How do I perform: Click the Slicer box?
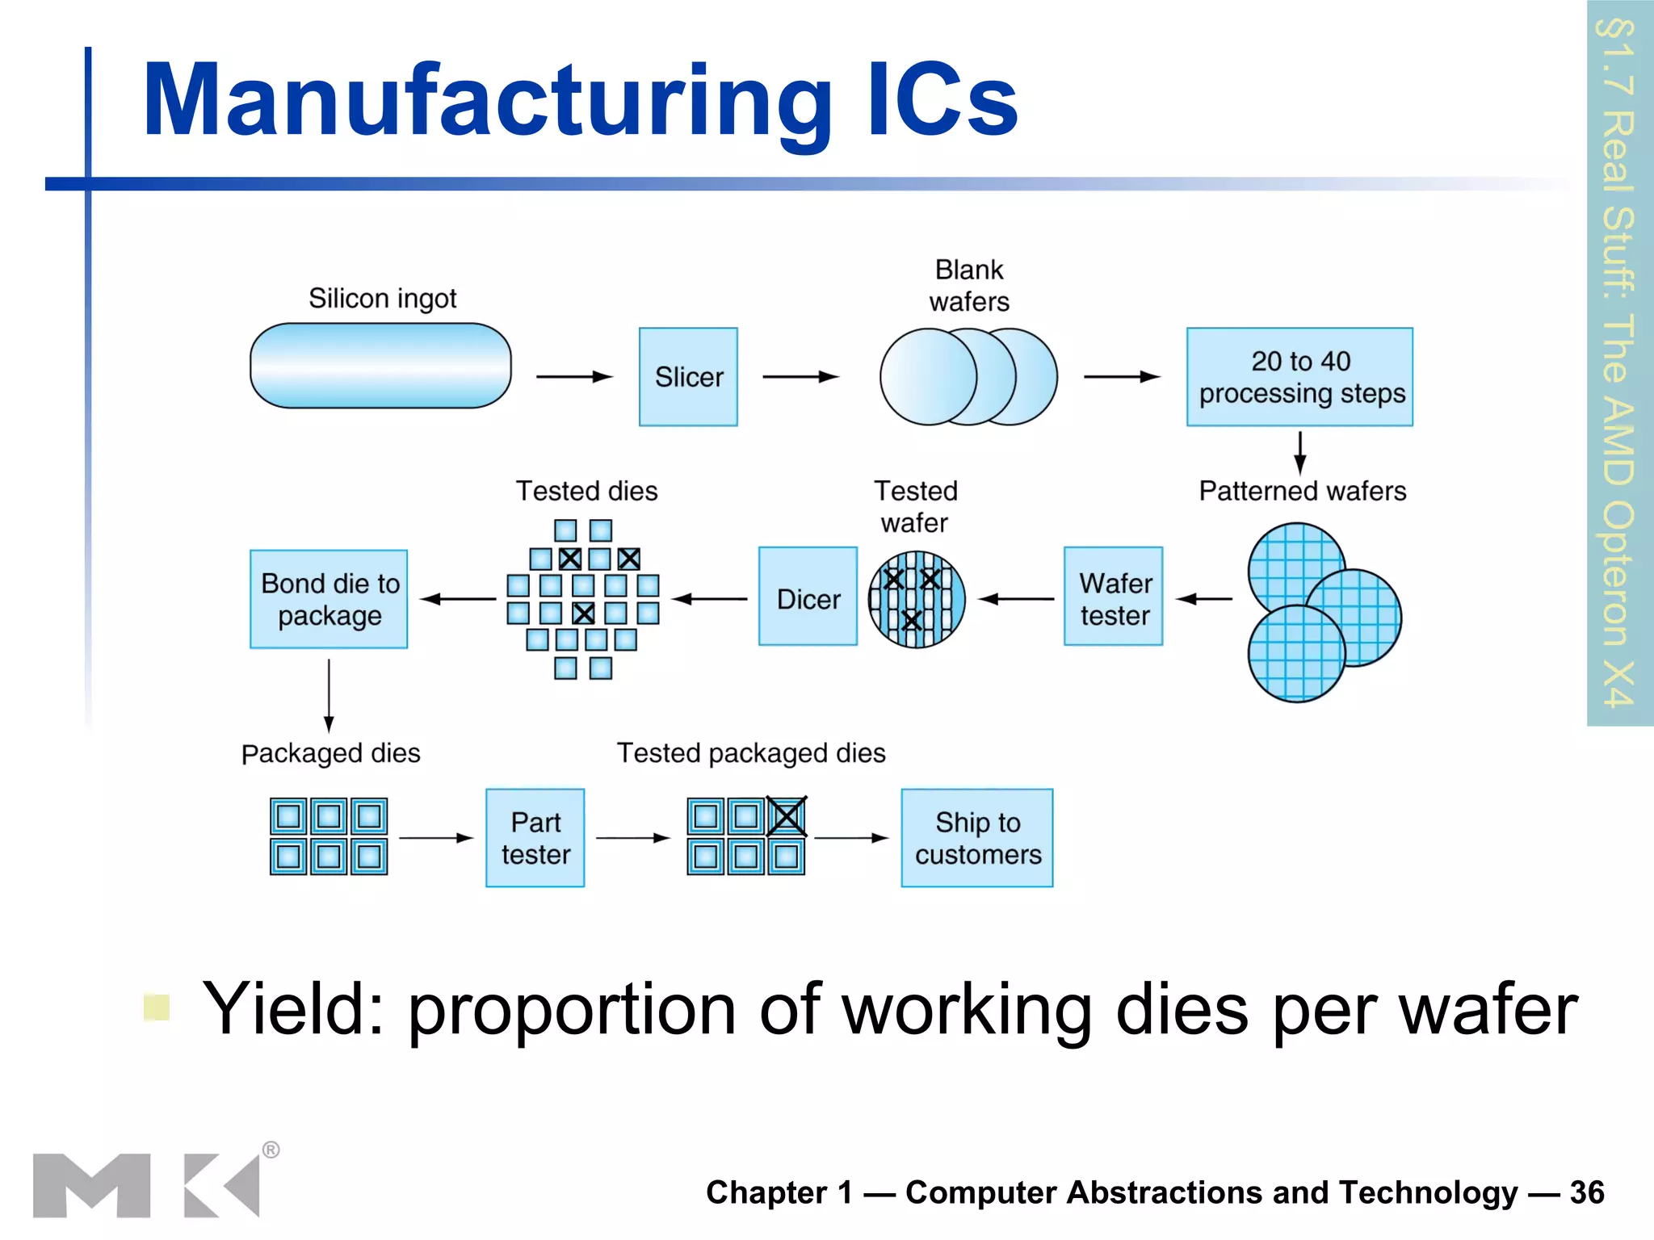tap(688, 376)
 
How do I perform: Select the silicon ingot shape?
tap(380, 366)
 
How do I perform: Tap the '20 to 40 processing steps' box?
tap(1299, 376)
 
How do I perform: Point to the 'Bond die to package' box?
tap(329, 599)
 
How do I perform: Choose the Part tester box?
tap(535, 838)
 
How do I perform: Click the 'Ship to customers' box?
tap(976, 838)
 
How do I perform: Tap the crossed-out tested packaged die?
tap(786, 816)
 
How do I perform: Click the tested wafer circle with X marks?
tap(916, 599)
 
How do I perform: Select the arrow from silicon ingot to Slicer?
tap(574, 376)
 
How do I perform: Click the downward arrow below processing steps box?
tap(1299, 452)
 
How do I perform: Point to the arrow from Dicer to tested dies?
tap(709, 599)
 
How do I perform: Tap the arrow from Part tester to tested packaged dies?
tap(632, 838)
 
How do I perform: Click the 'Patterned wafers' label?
tap(1302, 491)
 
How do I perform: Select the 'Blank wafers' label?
tap(968, 286)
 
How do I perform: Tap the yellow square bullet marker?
tap(156, 1007)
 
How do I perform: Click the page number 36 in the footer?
tap(1586, 1192)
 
